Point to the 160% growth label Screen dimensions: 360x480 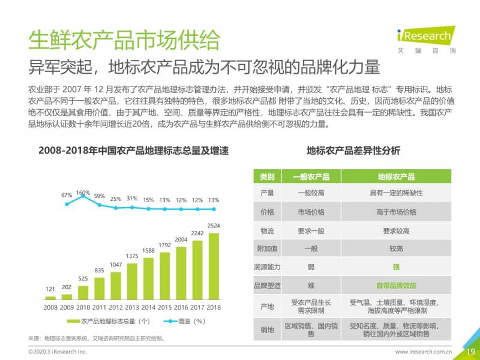tap(83, 193)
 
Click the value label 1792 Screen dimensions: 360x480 tap(165, 245)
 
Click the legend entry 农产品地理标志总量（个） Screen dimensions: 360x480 tap(113, 322)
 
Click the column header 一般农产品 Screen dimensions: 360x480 tap(311, 177)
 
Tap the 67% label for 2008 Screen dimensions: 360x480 tap(67, 195)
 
